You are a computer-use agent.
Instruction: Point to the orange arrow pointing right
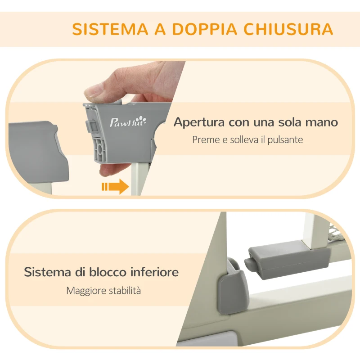pos(115,186)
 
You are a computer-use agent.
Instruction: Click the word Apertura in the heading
pos(200,122)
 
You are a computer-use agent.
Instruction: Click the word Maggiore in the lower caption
pos(85,290)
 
